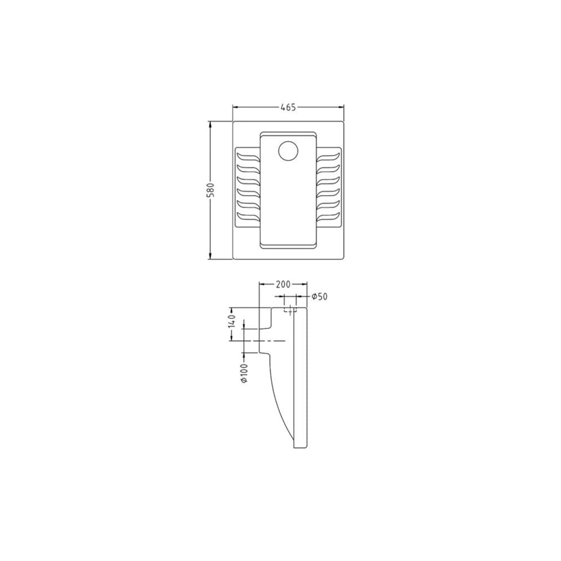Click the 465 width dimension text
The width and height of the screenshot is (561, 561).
point(288,107)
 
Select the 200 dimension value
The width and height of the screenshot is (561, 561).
point(283,284)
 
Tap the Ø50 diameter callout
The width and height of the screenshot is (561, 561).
point(319,296)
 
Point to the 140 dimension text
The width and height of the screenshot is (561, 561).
point(231,321)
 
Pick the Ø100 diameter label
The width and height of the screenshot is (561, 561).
point(244,374)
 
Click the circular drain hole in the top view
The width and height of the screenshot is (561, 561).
point(288,151)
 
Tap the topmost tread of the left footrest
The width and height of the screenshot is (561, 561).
point(248,158)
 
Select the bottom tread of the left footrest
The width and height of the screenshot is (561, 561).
point(248,217)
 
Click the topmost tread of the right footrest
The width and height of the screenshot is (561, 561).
point(328,158)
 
